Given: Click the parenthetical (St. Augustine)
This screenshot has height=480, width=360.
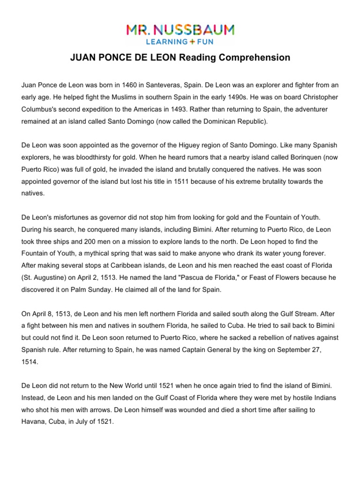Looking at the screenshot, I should click(x=46, y=277).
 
